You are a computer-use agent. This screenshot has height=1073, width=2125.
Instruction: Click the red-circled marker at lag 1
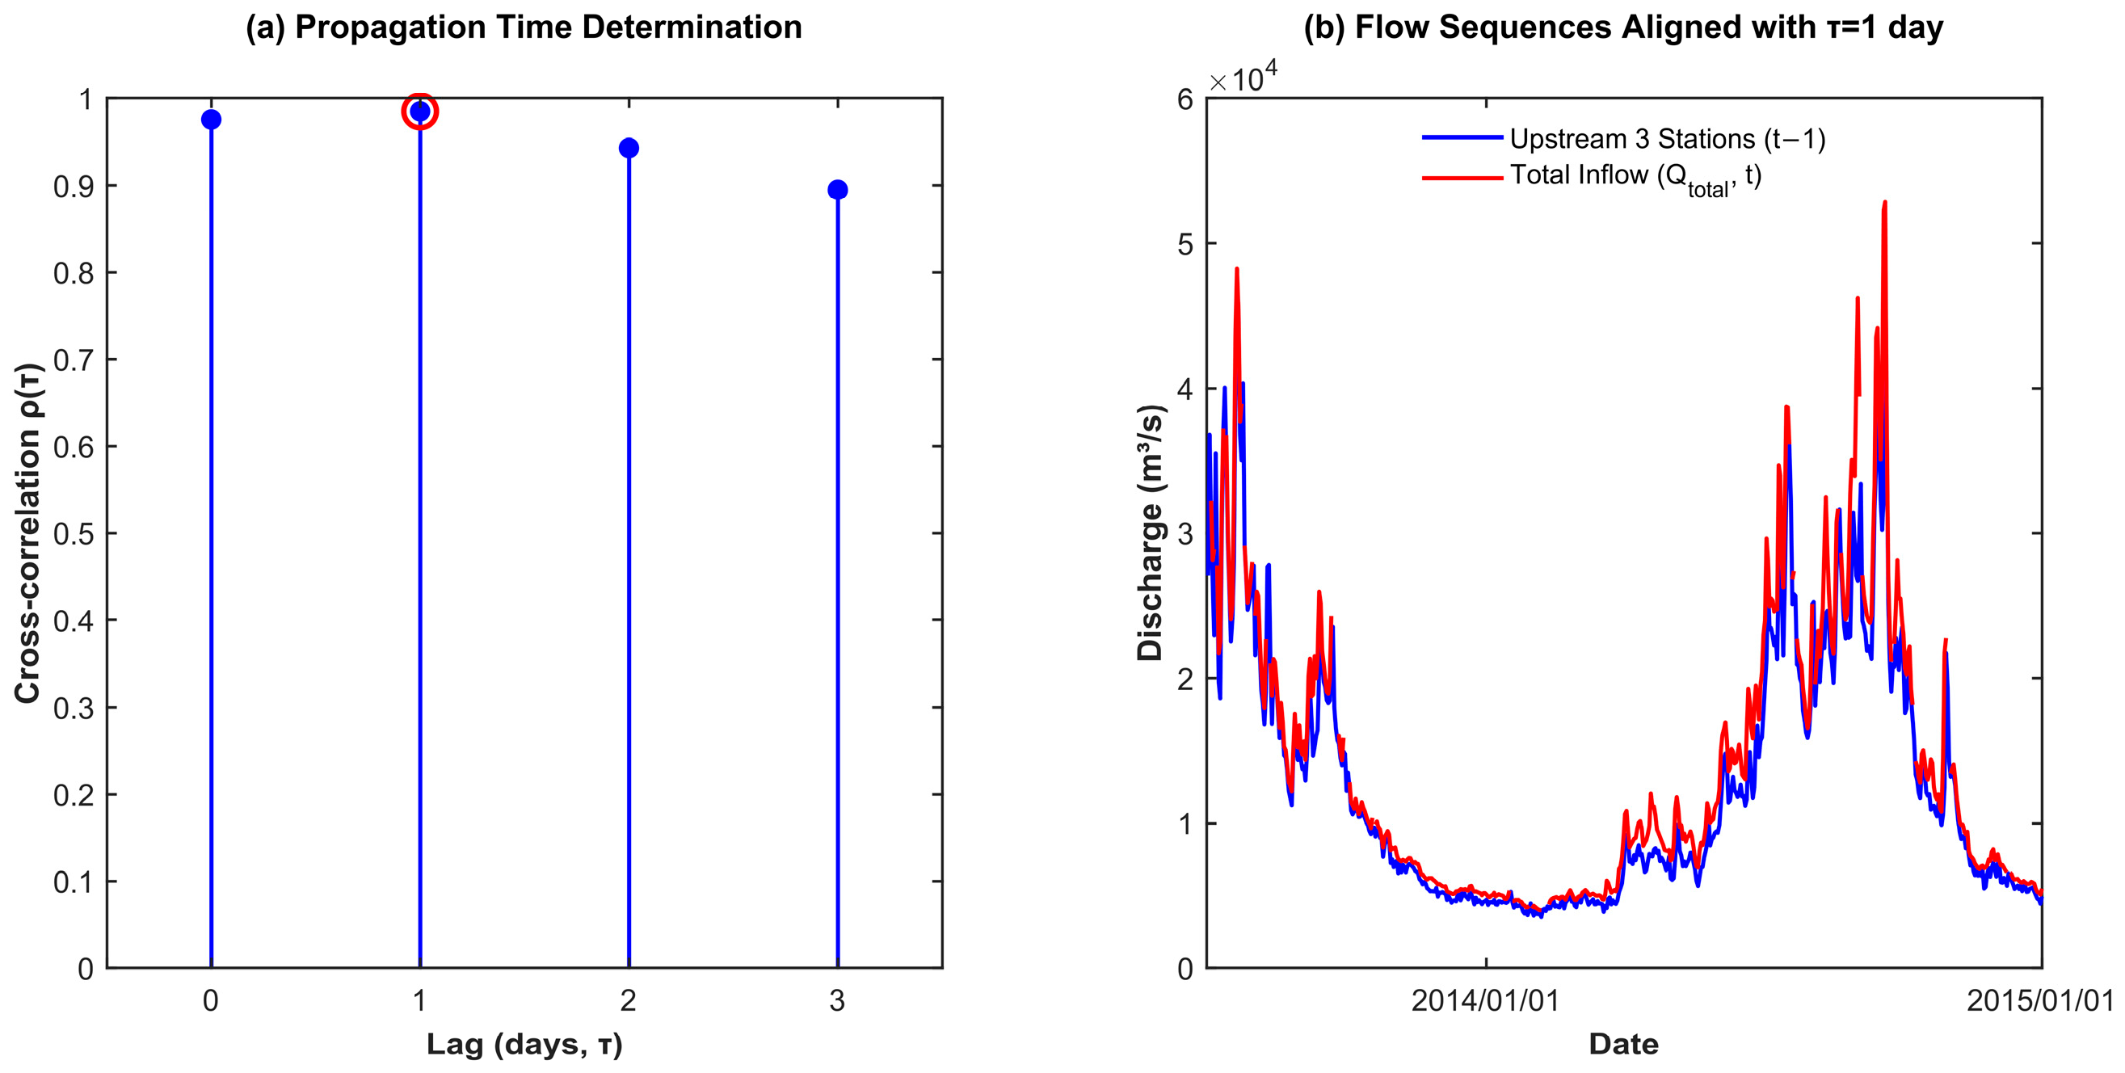click(x=420, y=112)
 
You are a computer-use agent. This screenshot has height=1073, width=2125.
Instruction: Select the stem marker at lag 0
click(x=211, y=120)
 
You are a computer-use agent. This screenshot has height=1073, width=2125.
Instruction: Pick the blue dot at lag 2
click(x=629, y=149)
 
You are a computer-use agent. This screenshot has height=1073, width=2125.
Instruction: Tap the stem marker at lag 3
click(x=837, y=190)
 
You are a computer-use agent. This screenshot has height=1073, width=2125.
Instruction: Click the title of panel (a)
click(x=524, y=27)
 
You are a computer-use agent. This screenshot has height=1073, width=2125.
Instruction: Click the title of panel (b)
click(x=1623, y=27)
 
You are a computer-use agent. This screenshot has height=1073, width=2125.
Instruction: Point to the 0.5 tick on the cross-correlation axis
click(x=74, y=533)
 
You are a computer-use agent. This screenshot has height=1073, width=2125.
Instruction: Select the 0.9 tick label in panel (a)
click(x=74, y=187)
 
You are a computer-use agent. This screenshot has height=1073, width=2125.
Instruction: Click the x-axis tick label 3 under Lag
click(x=837, y=1000)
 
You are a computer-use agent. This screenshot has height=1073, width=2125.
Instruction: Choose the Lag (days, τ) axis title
click(x=524, y=1044)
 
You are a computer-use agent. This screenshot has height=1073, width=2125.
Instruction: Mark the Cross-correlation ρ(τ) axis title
click(x=28, y=533)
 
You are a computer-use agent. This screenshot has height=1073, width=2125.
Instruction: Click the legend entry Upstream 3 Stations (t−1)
click(x=1667, y=138)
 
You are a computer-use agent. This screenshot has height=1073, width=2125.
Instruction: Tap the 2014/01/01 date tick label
click(x=1486, y=1000)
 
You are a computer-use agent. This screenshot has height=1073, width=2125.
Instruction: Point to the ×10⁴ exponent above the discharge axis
click(x=1243, y=78)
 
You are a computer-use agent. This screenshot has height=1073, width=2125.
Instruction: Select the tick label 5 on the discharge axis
click(x=1185, y=244)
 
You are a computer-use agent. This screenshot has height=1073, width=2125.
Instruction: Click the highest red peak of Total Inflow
click(x=1885, y=203)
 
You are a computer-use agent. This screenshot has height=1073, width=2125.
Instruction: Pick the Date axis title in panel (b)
click(x=1623, y=1044)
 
